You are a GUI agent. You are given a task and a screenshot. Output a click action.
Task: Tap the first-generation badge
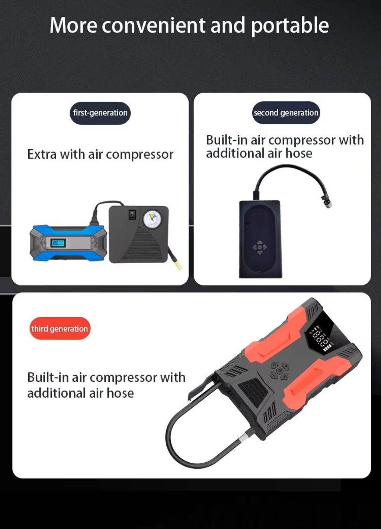click(x=100, y=113)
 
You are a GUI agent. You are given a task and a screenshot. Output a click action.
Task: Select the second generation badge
click(x=286, y=113)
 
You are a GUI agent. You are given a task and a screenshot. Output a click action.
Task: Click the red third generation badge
click(x=60, y=328)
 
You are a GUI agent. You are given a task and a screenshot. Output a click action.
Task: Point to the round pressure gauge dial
click(x=152, y=219)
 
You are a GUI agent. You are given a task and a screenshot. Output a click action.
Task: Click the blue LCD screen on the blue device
click(x=58, y=243)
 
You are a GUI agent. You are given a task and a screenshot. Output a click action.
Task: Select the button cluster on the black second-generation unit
click(x=260, y=247)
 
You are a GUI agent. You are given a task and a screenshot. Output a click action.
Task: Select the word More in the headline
click(x=73, y=25)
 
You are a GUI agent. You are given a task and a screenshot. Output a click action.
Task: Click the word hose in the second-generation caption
click(x=299, y=153)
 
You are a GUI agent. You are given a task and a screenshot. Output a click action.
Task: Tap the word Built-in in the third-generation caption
click(x=48, y=377)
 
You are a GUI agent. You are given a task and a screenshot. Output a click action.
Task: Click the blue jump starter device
click(x=68, y=243)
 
